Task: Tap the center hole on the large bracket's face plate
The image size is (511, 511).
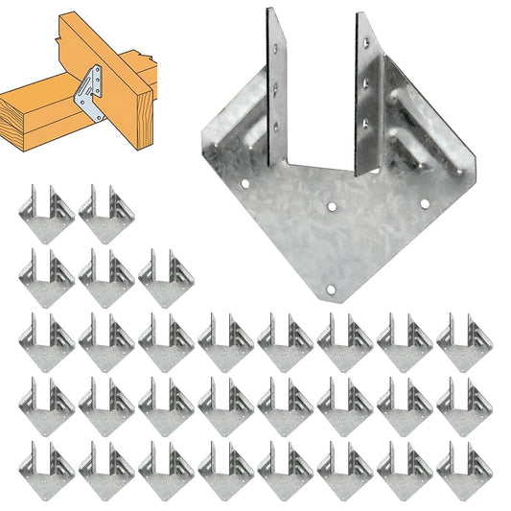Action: (331, 204)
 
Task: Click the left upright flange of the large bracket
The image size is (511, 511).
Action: (277, 91)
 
